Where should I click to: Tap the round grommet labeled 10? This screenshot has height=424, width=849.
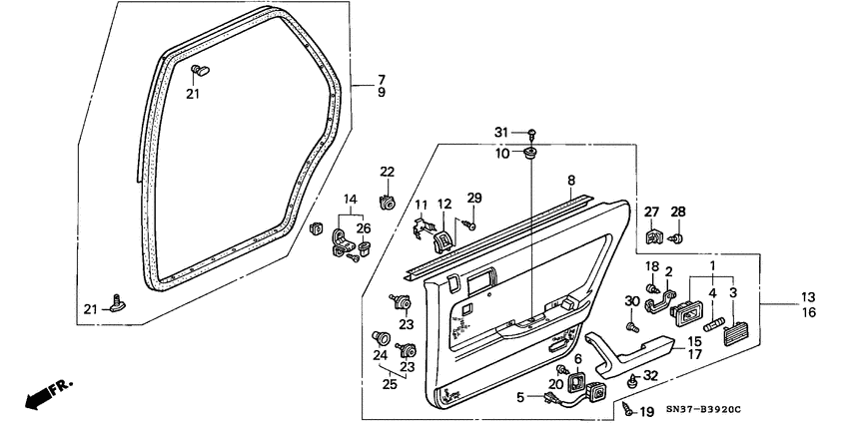point(530,154)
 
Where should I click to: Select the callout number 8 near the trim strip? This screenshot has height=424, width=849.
point(571,181)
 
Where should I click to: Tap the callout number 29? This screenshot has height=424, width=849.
point(474,197)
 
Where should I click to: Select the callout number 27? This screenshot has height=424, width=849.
point(651,212)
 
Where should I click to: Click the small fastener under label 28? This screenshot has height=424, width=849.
point(678,238)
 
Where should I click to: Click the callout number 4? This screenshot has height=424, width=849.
point(712,293)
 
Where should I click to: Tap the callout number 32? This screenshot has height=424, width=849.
point(650,375)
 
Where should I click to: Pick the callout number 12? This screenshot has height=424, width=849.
point(444,205)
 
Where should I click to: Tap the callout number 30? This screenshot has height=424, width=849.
point(631,301)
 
